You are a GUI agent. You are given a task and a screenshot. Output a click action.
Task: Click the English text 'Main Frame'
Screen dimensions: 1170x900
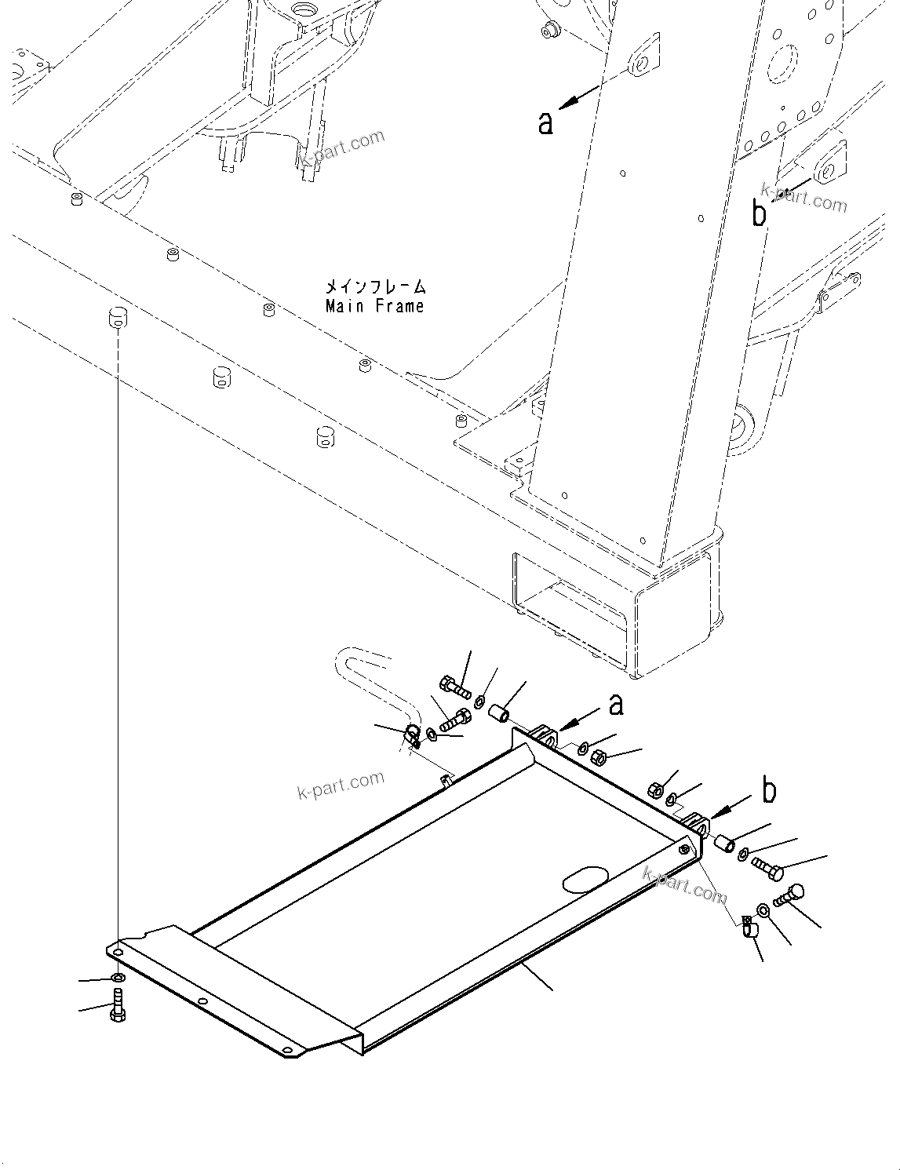click(374, 306)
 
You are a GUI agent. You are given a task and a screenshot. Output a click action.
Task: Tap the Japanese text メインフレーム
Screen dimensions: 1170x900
click(376, 287)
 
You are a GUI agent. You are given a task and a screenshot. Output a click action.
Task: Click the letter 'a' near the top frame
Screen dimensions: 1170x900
click(546, 122)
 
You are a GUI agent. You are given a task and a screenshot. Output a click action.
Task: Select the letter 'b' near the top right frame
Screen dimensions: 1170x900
click(759, 213)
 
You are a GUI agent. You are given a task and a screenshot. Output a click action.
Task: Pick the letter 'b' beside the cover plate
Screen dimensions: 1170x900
click(769, 791)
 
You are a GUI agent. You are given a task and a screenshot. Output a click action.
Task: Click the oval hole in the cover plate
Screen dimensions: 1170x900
click(586, 880)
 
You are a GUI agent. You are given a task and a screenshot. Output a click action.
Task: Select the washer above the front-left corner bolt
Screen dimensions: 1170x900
click(117, 978)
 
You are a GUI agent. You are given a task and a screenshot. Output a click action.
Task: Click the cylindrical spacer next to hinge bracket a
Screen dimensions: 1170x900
click(499, 714)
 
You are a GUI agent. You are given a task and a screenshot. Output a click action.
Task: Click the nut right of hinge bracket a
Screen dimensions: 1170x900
click(597, 758)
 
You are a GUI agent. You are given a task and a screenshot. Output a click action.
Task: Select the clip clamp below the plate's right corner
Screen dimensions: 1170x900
click(748, 928)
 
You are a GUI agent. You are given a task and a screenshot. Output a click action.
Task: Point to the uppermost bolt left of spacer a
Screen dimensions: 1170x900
click(454, 688)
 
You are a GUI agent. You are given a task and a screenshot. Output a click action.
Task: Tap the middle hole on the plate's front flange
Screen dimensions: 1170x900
click(202, 1002)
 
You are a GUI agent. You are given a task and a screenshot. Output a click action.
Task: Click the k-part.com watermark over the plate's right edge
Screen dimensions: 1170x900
click(684, 884)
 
